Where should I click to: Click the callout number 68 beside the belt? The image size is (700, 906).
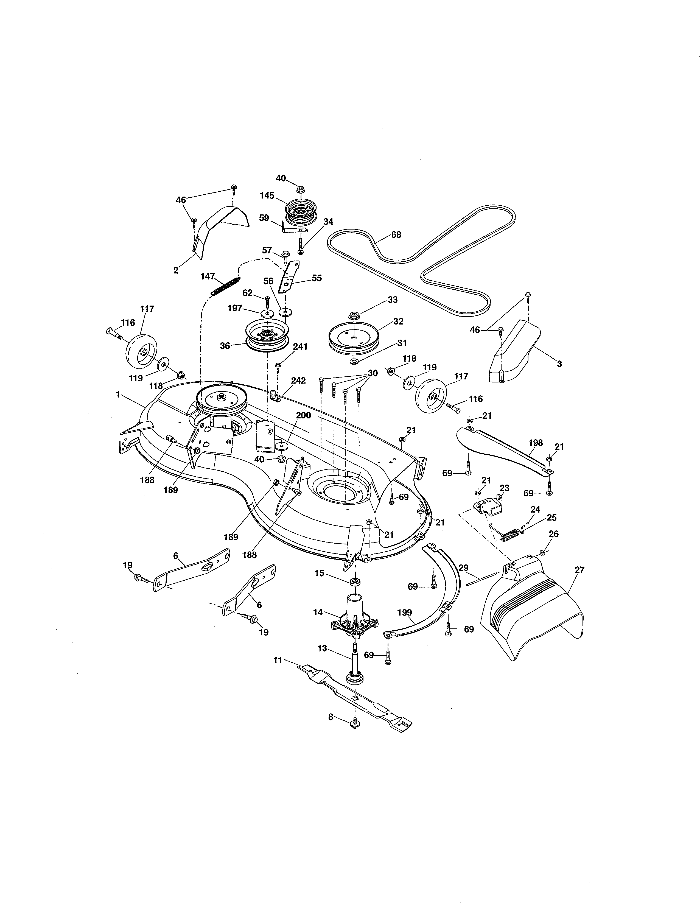(x=396, y=235)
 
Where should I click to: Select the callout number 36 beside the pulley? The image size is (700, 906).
(x=225, y=346)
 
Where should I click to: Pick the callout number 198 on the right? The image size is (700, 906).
(x=535, y=443)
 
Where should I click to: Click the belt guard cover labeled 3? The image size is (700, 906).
(x=513, y=352)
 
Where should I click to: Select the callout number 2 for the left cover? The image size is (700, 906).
(x=176, y=270)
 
